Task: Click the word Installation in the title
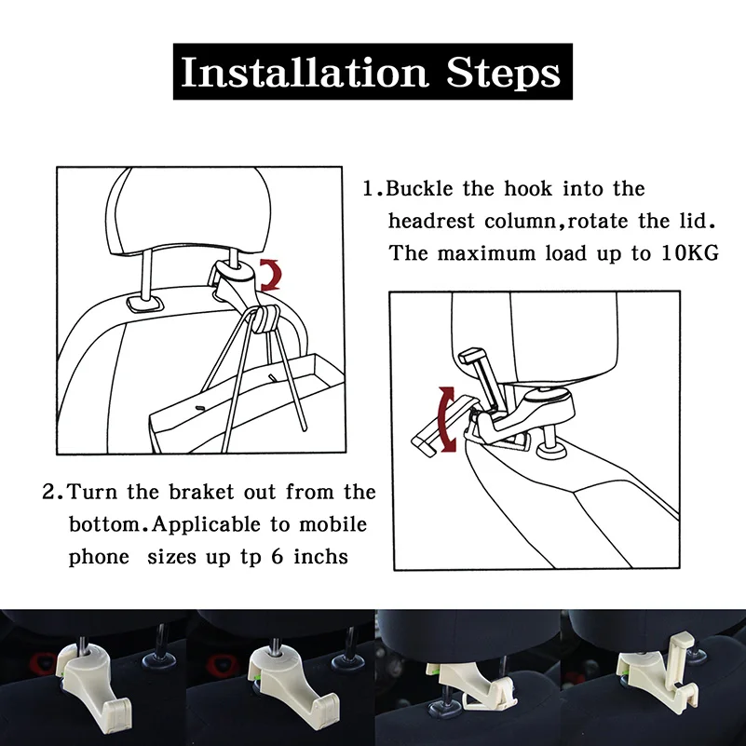point(305,73)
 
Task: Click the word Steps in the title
point(503,73)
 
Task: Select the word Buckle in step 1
point(419,189)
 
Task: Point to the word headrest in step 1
point(431,222)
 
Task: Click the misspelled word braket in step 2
point(202,492)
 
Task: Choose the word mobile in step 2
point(333,524)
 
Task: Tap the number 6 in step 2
point(278,557)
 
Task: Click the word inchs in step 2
point(320,557)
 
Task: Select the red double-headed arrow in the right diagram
point(446,419)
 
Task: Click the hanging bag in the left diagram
point(248,404)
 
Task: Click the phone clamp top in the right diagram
point(471,356)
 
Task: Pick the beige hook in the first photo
point(93,675)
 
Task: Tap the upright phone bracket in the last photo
point(679,652)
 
